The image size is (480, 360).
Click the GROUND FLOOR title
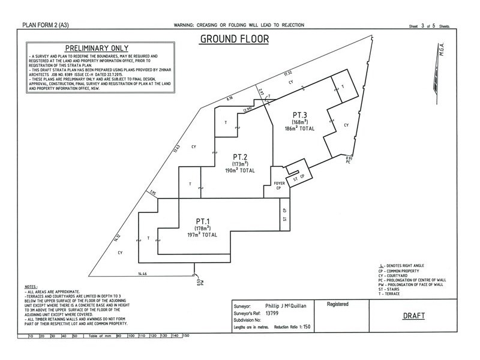coord(234,40)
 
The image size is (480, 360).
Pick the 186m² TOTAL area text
coord(300,128)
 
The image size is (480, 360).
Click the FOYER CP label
coord(278,185)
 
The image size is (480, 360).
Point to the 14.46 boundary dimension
coord(143,274)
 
